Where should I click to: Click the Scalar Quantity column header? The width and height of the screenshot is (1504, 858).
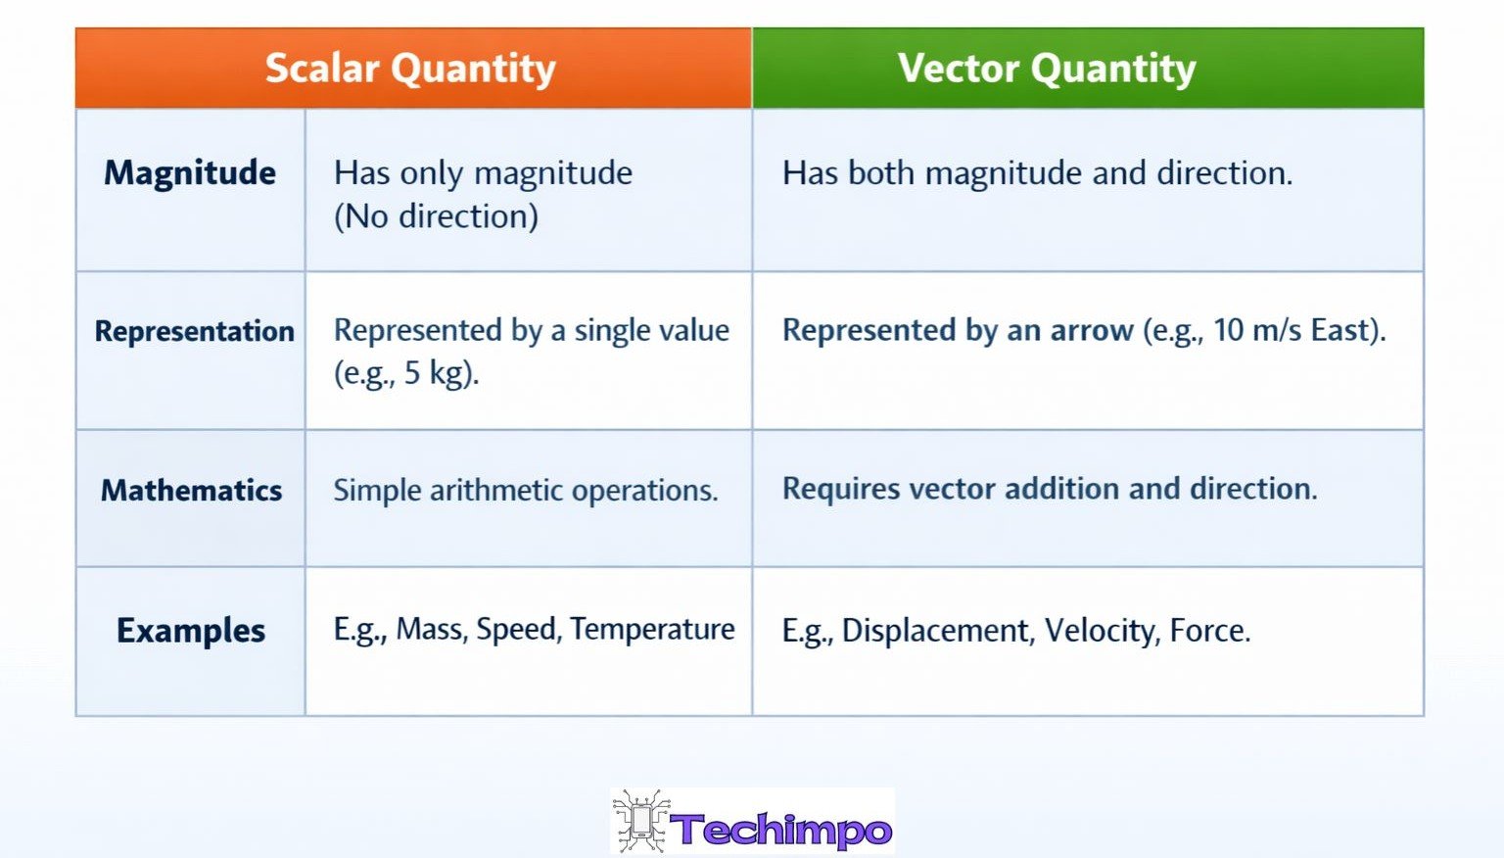410,69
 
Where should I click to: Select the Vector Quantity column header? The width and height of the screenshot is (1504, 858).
1047,69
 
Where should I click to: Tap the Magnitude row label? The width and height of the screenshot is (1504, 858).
190,173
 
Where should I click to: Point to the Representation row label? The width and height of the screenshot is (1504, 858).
194,331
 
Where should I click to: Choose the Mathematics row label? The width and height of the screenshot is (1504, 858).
191,490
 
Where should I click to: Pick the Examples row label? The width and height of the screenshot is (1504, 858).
191,631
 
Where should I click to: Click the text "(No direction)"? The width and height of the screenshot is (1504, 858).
436,216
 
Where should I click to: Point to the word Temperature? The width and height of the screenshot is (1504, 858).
652,629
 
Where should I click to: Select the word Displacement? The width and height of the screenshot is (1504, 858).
937,631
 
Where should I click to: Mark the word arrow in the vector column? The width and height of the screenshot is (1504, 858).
1091,330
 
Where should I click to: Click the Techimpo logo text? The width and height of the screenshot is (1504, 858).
781,830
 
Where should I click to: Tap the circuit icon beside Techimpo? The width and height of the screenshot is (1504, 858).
641,821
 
